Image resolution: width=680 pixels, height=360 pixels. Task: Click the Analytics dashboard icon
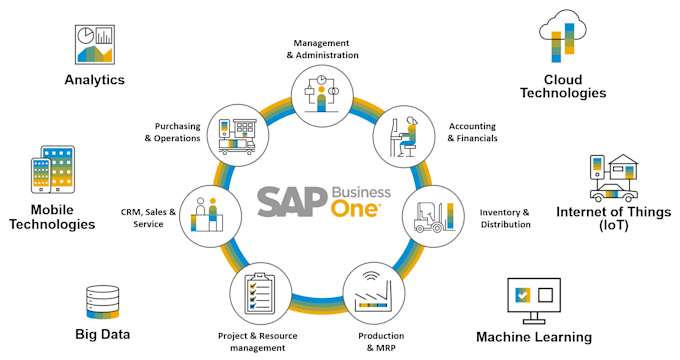[95, 45]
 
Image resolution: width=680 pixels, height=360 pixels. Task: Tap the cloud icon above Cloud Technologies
[563, 36]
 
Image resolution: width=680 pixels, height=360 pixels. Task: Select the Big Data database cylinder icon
[103, 302]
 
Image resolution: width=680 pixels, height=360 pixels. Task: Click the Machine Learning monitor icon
[534, 301]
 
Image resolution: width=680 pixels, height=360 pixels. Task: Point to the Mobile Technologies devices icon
[53, 170]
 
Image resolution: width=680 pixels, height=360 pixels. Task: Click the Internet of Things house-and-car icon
[614, 178]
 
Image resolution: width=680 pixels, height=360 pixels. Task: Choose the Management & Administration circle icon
[321, 96]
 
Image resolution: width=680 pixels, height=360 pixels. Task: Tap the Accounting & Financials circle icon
[404, 136]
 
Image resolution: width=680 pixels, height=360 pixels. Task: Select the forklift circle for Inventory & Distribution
[433, 216]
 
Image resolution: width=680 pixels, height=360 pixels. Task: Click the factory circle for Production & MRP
[374, 293]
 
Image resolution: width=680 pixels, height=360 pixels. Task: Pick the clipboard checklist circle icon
[260, 293]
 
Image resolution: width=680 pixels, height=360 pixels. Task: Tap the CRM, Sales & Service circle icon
[210, 216]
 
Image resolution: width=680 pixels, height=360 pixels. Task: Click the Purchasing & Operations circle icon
[238, 135]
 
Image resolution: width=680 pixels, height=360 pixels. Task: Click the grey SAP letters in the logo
[293, 202]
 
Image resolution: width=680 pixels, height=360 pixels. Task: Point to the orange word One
[356, 209]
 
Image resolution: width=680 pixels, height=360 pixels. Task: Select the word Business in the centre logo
[361, 193]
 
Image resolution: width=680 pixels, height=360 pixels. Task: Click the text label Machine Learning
[534, 337]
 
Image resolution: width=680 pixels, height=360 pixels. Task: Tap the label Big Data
[103, 334]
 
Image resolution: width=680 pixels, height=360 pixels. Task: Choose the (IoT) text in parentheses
[614, 226]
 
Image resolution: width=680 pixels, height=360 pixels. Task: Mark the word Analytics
[95, 80]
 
